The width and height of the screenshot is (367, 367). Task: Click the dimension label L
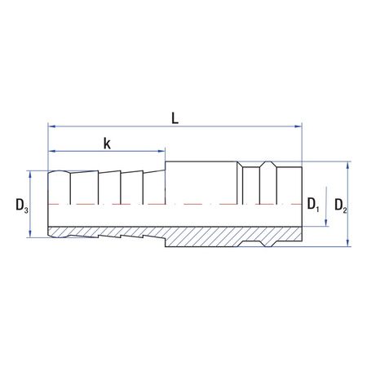[x=175, y=118]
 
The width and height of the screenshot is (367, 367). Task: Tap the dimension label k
[x=107, y=144]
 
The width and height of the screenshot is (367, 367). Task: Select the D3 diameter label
[x=22, y=206]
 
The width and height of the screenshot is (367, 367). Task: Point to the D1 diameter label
[x=313, y=204]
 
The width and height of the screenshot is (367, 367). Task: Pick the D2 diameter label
[x=341, y=206]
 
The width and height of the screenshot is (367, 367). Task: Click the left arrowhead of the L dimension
[x=51, y=126]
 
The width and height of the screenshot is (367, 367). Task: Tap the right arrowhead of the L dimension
[x=298, y=126]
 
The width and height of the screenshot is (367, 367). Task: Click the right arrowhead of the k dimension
[x=161, y=151]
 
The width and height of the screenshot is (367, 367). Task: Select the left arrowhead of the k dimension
[x=51, y=151]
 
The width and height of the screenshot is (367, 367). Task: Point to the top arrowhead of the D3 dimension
[x=30, y=175]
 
